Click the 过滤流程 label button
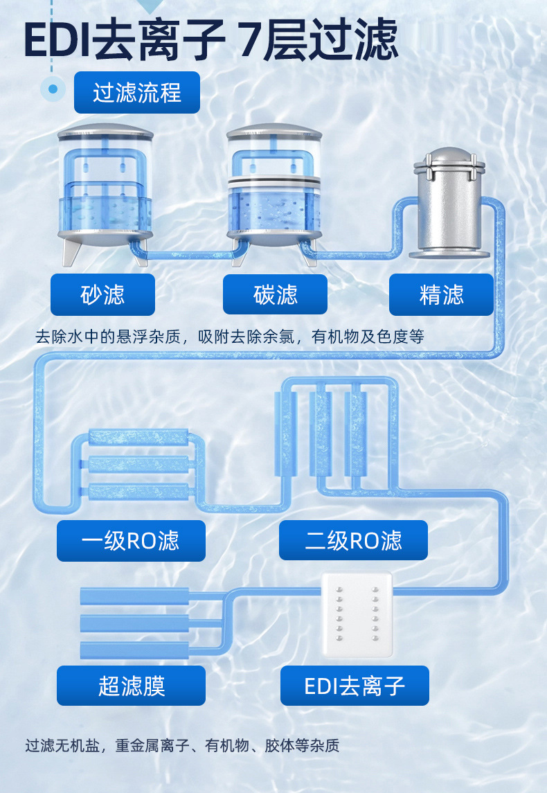coord(136,93)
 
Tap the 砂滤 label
coord(102,294)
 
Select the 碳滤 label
coord(275,294)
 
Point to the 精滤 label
coord(441,294)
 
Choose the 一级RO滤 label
coord(131,540)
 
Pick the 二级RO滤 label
coord(353,540)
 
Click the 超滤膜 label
coord(131,686)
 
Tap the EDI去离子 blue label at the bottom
coord(355,686)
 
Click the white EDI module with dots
coord(357,614)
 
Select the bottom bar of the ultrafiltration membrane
coord(134,650)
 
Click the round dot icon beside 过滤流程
coord(53,89)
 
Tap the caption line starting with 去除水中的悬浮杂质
coord(229,337)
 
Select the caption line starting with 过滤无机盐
coord(182,746)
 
